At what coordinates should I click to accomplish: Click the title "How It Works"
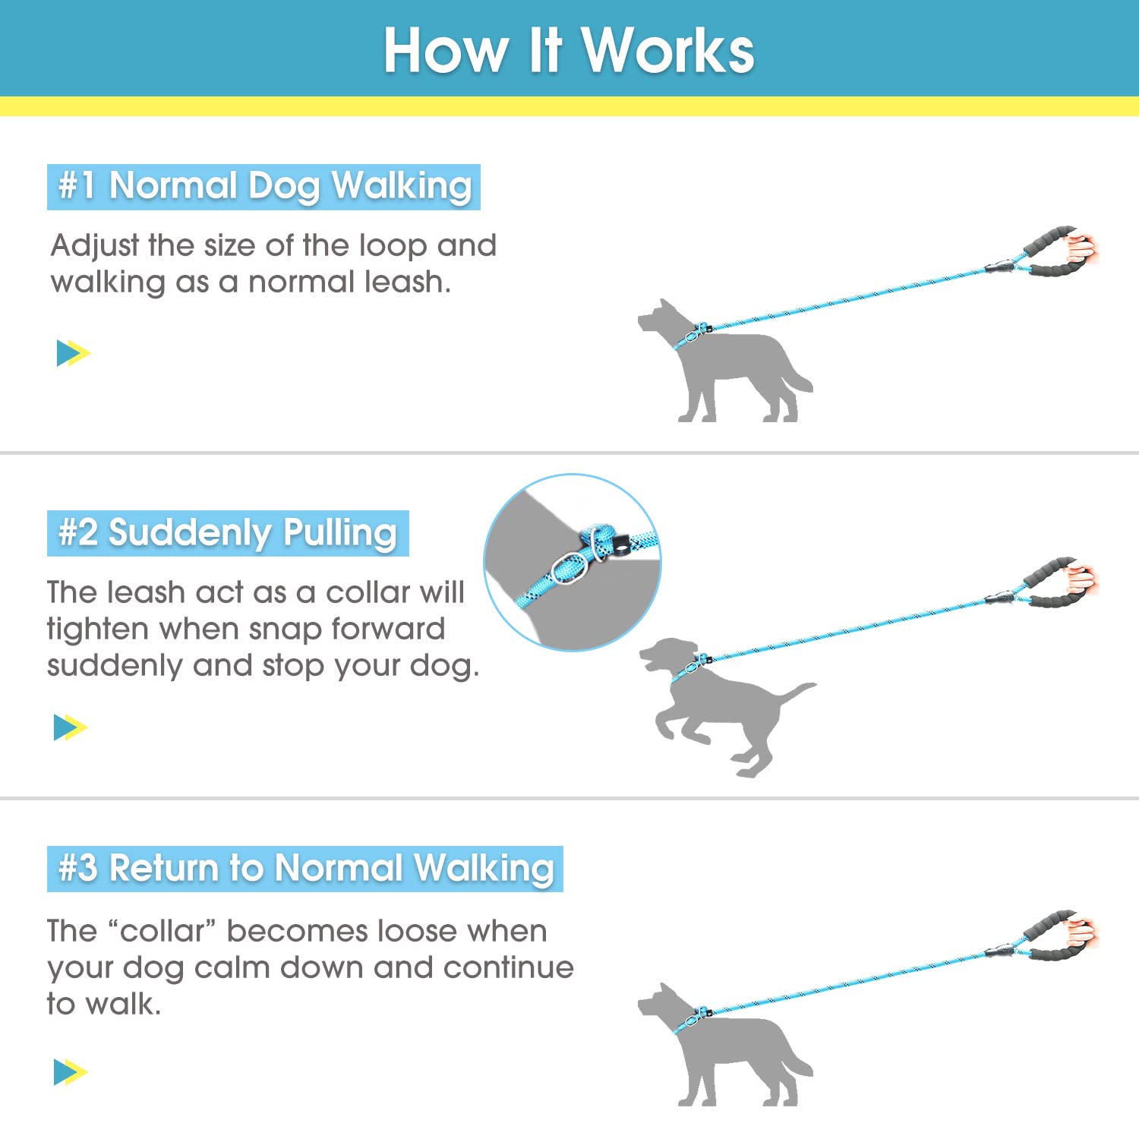point(569,50)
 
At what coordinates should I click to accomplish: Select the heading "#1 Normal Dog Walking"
point(263,186)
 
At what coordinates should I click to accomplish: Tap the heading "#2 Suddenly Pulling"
point(228,532)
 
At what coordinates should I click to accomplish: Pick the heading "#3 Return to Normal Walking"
point(305,868)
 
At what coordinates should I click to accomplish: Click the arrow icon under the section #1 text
point(73,353)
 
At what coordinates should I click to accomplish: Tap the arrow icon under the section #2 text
point(71,727)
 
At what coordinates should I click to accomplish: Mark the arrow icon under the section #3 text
point(71,1072)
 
